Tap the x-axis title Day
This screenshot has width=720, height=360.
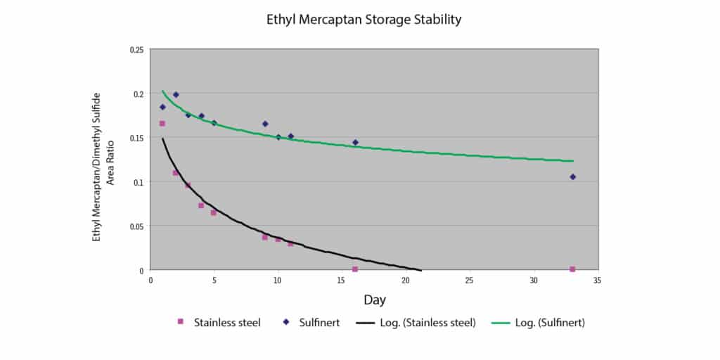(x=374, y=300)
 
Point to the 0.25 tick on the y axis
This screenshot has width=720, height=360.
(x=137, y=49)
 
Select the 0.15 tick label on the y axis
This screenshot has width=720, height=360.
(x=137, y=138)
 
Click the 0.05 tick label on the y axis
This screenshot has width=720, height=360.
(x=137, y=226)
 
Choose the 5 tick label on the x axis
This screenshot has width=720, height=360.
(x=214, y=280)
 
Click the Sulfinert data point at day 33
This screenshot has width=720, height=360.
(x=572, y=177)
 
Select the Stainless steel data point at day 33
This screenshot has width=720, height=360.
(x=572, y=269)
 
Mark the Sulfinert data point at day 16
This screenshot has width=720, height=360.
(x=355, y=142)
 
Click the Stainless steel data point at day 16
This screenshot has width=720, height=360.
(x=355, y=269)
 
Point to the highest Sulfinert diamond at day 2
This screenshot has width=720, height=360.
(x=176, y=94)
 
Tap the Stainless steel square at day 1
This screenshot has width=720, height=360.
(x=162, y=124)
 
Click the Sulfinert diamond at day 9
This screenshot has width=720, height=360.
(x=265, y=124)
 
